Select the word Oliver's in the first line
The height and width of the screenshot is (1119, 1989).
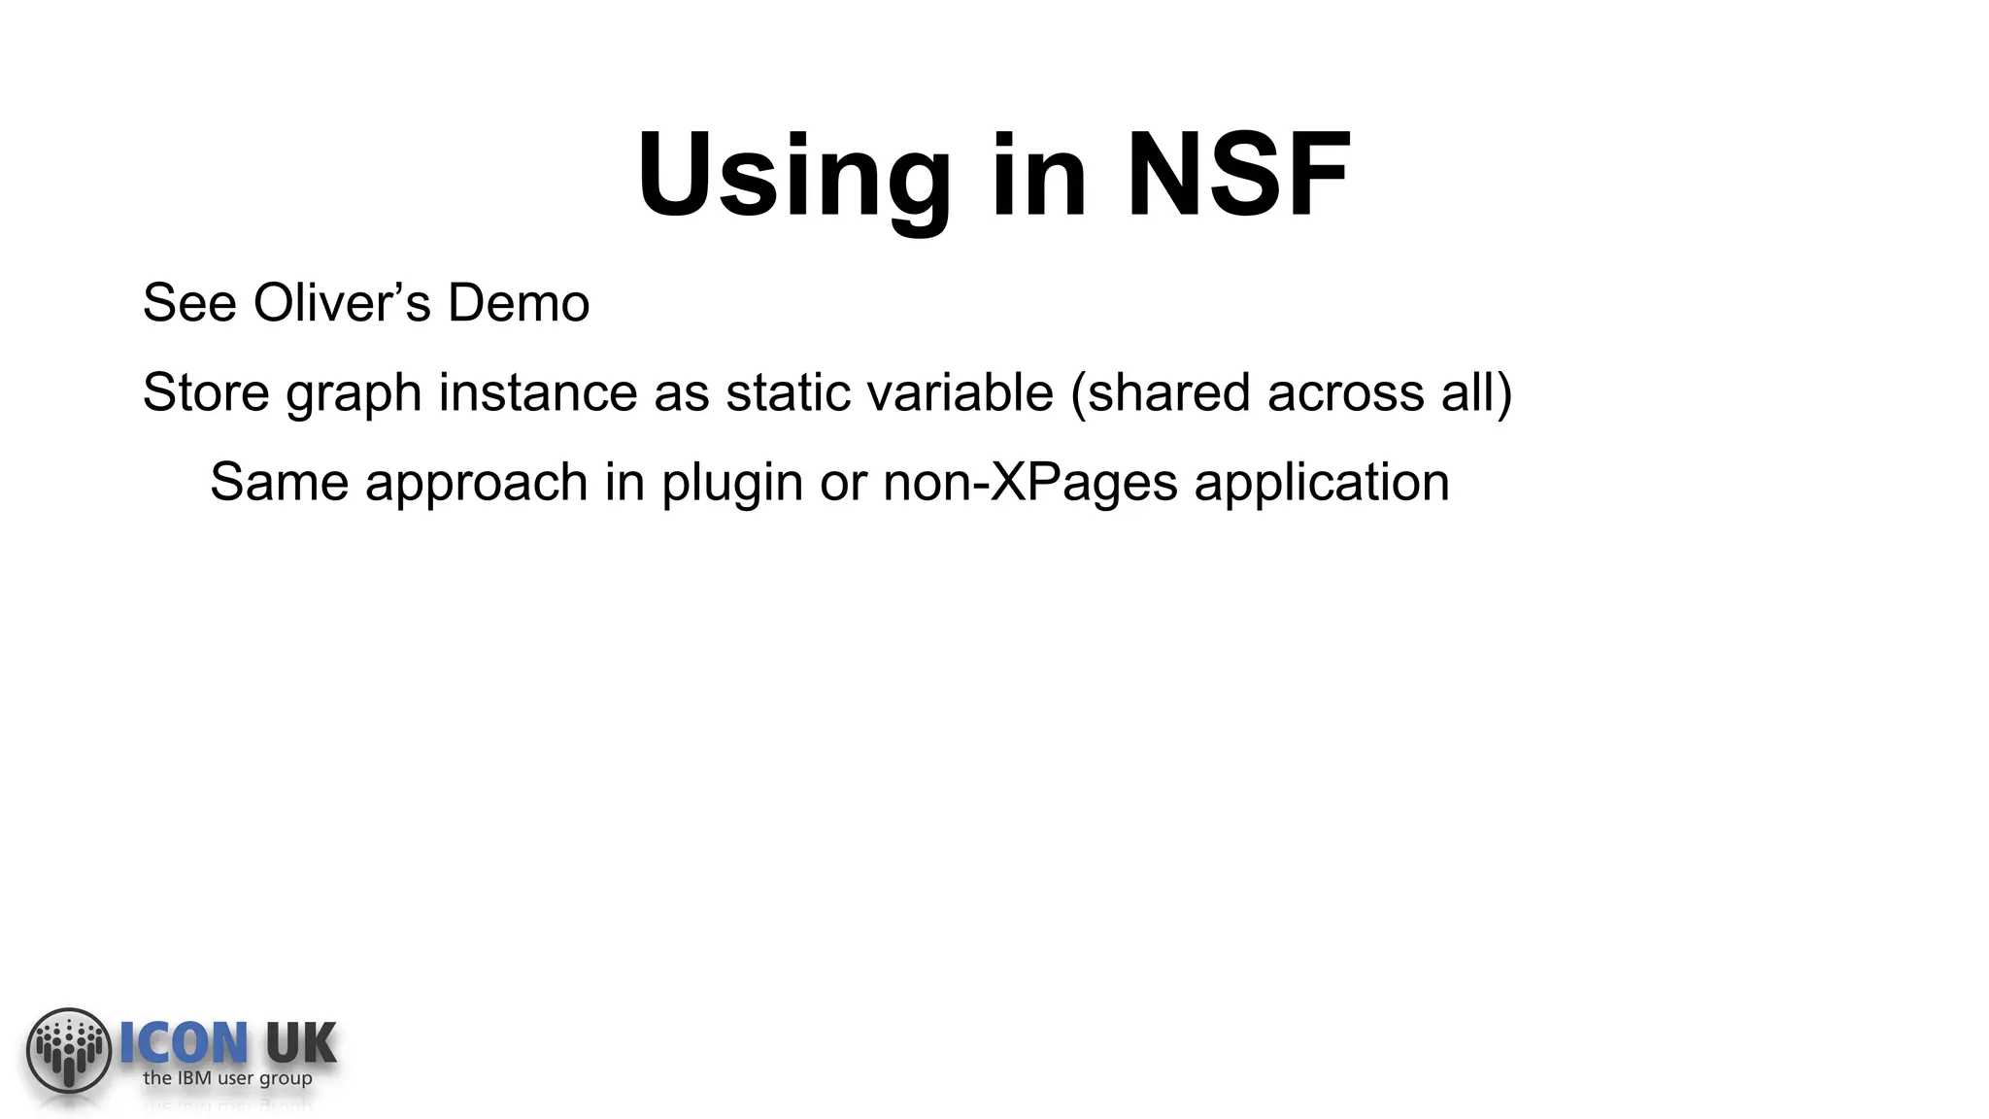341,302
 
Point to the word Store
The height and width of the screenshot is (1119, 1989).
206,392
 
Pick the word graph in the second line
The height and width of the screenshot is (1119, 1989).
354,394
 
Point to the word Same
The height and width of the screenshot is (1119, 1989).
279,482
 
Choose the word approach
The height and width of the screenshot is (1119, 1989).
476,484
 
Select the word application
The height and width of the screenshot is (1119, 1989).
1321,484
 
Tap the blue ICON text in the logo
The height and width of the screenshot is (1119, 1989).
184,1043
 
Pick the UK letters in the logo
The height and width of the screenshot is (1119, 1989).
300,1043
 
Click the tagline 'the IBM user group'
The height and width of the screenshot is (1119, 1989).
227,1078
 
